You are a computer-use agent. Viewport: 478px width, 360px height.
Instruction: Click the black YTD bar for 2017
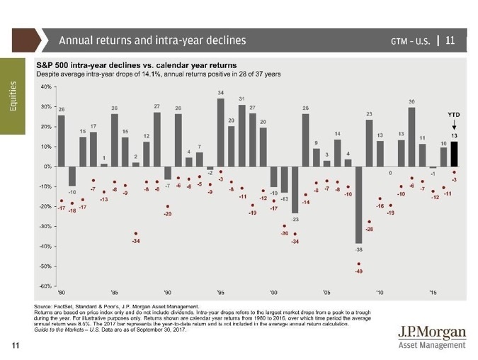(x=455, y=154)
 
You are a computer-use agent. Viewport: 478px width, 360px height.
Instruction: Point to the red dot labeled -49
(x=359, y=264)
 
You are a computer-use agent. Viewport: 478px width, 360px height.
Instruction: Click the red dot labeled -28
(x=369, y=222)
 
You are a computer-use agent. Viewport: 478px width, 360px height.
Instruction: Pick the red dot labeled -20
(x=167, y=206)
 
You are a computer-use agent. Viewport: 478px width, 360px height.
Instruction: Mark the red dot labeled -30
(x=284, y=226)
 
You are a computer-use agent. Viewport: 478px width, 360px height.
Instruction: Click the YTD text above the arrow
(x=454, y=114)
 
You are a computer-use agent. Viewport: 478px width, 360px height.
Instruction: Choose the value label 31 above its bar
(x=242, y=99)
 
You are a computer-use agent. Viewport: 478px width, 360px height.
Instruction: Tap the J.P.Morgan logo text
(x=431, y=332)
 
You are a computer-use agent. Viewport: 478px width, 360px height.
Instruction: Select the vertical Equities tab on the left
(x=15, y=99)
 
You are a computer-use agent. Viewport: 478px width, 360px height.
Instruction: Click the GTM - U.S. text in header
(x=412, y=40)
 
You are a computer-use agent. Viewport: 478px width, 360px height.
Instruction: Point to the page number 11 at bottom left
(x=14, y=345)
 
